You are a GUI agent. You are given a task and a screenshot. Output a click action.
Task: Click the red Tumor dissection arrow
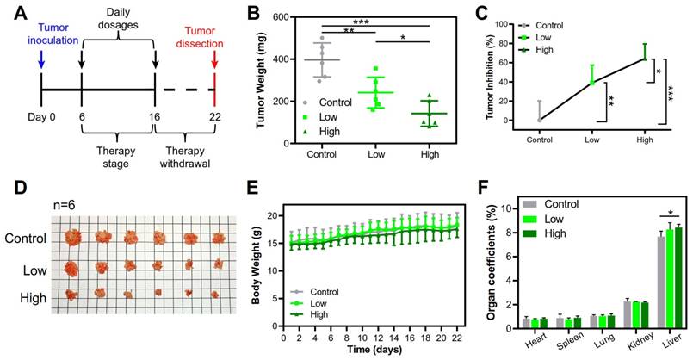[x=214, y=61]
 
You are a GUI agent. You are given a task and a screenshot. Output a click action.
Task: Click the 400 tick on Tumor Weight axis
[x=277, y=59]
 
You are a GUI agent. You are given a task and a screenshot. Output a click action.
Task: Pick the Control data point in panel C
[x=540, y=120]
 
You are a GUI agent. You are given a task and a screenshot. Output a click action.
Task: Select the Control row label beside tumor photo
[x=26, y=237]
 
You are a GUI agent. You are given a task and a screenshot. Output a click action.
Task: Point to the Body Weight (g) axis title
[x=256, y=270]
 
